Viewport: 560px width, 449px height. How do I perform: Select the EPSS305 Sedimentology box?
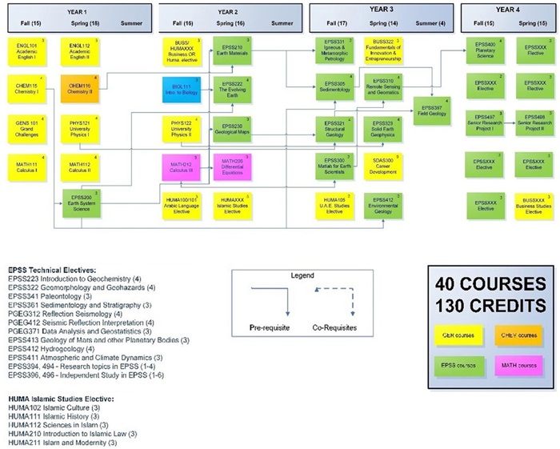coord(334,86)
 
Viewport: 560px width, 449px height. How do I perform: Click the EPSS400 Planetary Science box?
coord(486,50)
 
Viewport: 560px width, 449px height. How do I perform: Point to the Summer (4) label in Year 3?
coord(430,23)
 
